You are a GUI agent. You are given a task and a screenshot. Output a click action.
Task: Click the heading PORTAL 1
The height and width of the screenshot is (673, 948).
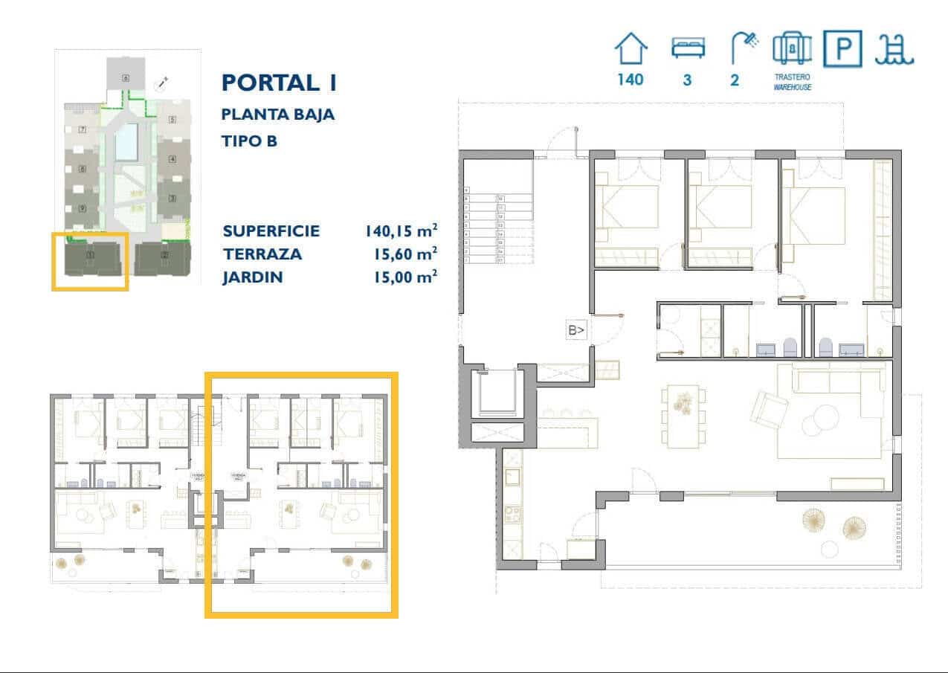(279, 83)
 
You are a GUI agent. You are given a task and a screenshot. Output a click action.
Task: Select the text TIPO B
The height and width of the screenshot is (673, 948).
(249, 141)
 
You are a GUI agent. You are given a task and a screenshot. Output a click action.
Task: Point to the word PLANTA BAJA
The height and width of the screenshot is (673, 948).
(277, 115)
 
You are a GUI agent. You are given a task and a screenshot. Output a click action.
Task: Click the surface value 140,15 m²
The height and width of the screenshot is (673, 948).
(400, 231)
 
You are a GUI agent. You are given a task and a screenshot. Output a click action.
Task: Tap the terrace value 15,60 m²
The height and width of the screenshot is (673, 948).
(404, 254)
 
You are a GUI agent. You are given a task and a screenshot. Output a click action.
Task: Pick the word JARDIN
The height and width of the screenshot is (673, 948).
(253, 277)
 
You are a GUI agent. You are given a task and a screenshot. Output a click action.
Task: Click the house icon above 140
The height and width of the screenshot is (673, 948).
(631, 49)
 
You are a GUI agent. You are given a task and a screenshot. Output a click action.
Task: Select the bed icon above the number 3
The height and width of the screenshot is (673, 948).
(686, 49)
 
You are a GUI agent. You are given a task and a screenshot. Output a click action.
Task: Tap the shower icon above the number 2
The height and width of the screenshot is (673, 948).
(743, 49)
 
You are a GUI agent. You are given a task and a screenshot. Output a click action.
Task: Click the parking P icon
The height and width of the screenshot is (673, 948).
(842, 49)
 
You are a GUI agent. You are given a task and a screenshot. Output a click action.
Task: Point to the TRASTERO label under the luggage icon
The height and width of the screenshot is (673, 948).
(791, 77)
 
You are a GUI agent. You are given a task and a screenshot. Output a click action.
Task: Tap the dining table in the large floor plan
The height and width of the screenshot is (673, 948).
(683, 416)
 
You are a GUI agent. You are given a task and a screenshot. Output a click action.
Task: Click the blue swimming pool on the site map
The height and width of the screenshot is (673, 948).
(127, 141)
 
